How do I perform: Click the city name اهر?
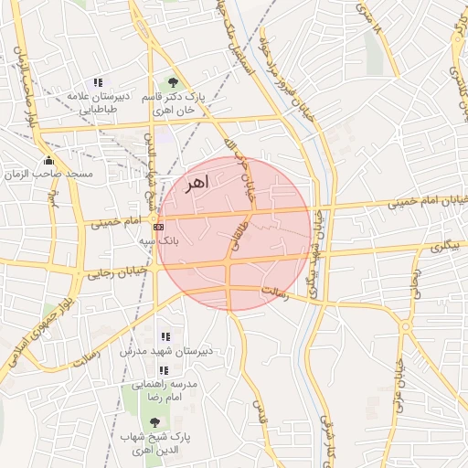[x=197, y=183]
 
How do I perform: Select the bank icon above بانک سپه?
[x=159, y=225]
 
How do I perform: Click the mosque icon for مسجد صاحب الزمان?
[x=48, y=159]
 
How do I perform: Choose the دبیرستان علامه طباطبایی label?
[x=99, y=102]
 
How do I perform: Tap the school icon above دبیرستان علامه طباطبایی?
[x=99, y=82]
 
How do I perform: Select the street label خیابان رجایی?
[x=116, y=271]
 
